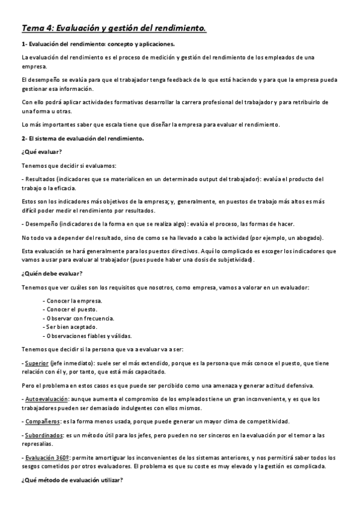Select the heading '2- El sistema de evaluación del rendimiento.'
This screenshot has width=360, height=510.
(x=82, y=139)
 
